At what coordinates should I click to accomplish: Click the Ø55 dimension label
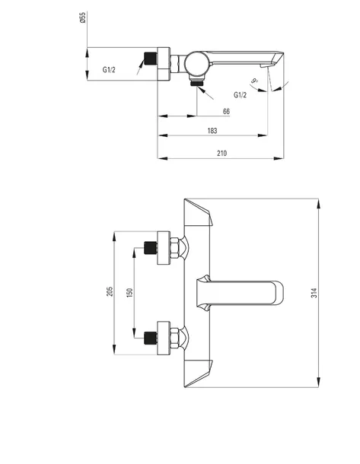83,17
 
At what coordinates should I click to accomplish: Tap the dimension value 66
226,112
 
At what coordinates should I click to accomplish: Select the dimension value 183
212,131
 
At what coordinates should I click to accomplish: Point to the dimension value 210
221,154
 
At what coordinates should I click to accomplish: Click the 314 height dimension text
314,293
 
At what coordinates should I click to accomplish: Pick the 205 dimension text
110,291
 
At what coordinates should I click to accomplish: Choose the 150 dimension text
129,292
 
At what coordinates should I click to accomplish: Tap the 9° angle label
254,80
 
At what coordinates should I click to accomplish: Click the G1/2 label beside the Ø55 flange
109,70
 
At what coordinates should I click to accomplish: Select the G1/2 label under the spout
240,95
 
